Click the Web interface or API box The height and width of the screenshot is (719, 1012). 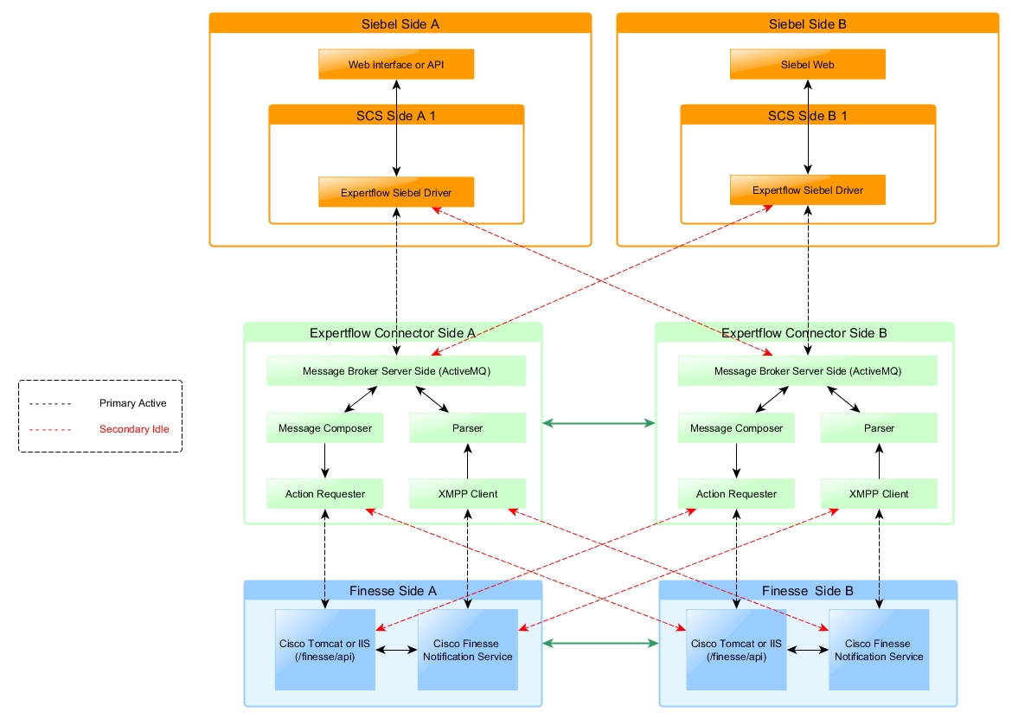coord(396,65)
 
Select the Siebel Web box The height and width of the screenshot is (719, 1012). coord(807,65)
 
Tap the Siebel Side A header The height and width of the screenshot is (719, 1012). coord(400,24)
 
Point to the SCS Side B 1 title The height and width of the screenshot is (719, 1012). coord(808,116)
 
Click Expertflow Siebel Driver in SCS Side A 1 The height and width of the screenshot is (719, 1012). coord(396,192)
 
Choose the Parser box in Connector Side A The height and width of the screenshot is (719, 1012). coord(467,428)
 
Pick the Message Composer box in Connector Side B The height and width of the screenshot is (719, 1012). coord(736,428)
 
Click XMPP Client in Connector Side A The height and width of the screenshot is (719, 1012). coord(467,494)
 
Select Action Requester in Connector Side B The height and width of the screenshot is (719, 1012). coord(736,494)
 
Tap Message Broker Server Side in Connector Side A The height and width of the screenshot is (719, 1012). coord(396,371)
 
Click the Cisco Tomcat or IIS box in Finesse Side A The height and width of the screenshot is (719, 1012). coord(325,650)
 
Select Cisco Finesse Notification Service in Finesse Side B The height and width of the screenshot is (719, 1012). coord(879,650)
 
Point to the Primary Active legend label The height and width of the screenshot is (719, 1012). coord(133,403)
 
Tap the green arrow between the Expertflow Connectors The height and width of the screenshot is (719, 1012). coord(599,423)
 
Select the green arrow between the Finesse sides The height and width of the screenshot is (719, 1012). coord(600,643)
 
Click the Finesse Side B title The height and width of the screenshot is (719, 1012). coord(808,591)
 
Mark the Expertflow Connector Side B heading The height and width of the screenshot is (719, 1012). coord(804,333)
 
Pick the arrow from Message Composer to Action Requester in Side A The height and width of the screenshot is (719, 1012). coord(325,460)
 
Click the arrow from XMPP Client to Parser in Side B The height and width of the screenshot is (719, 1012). coord(879,460)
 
